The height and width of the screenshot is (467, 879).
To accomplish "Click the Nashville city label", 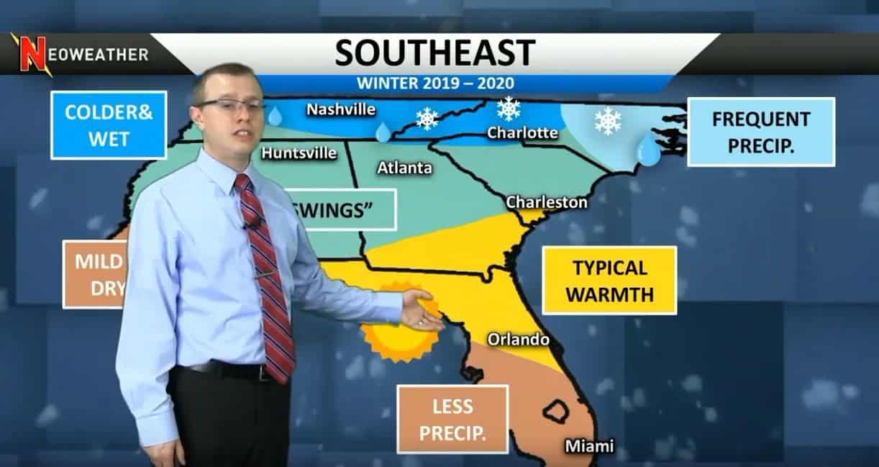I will [341, 109].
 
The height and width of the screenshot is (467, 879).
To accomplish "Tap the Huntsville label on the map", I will [299, 153].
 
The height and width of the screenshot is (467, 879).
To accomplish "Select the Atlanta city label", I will [405, 168].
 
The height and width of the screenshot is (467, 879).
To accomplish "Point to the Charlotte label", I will [522, 133].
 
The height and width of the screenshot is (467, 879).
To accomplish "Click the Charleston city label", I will [547, 202].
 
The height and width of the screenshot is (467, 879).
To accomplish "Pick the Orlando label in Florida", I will [518, 339].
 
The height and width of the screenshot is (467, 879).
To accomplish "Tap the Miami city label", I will [589, 446].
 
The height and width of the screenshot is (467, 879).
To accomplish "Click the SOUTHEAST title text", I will [435, 53].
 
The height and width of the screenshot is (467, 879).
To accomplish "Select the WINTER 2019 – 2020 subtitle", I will [434, 82].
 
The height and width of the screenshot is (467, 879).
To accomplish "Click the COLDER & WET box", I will [109, 125].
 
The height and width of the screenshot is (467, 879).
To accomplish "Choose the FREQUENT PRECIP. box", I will [761, 132].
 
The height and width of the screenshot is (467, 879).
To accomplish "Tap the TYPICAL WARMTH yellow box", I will [609, 281].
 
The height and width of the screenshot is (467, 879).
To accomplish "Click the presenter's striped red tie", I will [267, 273].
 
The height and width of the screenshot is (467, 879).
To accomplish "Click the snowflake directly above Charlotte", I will [509, 109].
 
